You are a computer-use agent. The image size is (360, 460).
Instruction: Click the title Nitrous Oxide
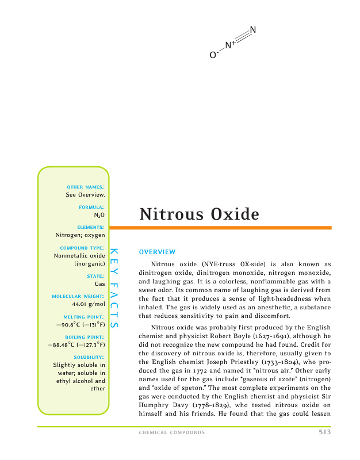pos(199,214)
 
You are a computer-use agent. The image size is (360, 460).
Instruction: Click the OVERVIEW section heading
pos(157,252)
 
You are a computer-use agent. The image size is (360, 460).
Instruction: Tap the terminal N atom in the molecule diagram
pos(253,30)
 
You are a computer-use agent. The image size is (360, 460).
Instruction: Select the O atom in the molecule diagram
pos(212,55)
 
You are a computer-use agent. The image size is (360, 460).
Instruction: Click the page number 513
pos(324,432)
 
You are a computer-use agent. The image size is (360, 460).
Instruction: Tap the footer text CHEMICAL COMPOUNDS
pos(172,432)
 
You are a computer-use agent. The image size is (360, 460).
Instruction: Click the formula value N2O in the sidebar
pos(99,214)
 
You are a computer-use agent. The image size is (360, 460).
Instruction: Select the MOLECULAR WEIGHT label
pos(78,296)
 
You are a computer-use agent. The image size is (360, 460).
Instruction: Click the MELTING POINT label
pos(83,317)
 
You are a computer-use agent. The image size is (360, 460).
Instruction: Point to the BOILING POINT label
pos(84,336)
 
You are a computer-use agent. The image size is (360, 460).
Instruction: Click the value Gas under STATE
pos(99,284)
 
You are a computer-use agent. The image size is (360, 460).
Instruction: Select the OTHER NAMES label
pos(85,187)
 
